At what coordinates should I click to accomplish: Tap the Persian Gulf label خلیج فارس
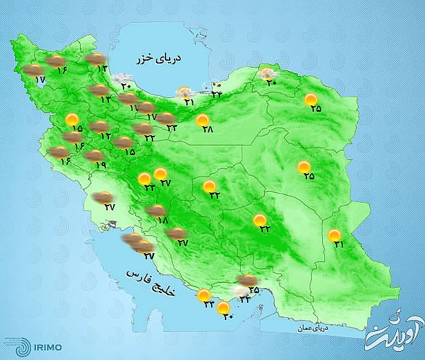[x=152, y=283]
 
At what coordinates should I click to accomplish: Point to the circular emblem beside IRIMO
[x=14, y=343]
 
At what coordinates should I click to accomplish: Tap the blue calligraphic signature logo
[x=390, y=330]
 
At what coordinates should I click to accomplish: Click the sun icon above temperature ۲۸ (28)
[x=203, y=121]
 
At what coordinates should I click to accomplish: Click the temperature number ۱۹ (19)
[x=101, y=166]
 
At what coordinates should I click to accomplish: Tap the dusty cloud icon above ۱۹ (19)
[x=94, y=156]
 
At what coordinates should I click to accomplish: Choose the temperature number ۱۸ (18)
[x=163, y=220]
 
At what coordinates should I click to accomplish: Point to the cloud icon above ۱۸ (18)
[x=157, y=210]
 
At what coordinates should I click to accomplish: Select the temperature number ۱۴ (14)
[x=103, y=68]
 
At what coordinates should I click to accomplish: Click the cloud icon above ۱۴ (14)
[x=96, y=59]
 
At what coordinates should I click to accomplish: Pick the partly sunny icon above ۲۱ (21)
[x=184, y=92]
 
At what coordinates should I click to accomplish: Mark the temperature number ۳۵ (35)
[x=253, y=290]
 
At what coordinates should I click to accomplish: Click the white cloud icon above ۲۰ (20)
[x=123, y=78]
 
